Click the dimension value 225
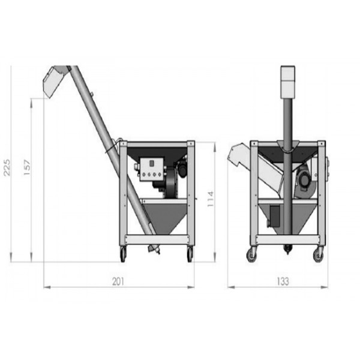point(7,167)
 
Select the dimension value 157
point(27,167)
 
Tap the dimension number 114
point(211,199)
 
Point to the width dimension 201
point(118,281)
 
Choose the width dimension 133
point(283,281)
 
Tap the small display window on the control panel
point(152,163)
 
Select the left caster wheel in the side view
point(123,254)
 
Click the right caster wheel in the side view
point(190,254)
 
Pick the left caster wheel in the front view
point(252,254)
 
